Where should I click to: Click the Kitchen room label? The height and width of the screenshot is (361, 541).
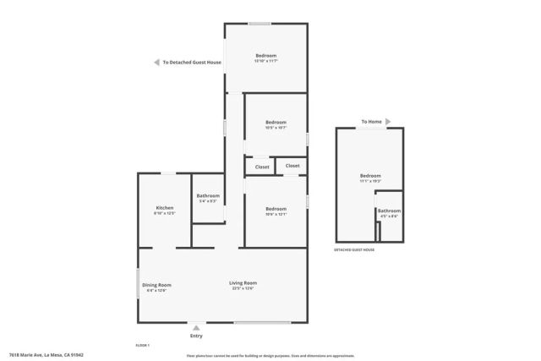(x=164, y=208)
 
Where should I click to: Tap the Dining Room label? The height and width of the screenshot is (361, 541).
(x=156, y=284)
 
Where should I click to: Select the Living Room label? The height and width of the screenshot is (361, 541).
(x=243, y=282)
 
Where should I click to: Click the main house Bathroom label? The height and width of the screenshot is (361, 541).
(x=208, y=196)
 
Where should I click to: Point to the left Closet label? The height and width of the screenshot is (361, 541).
(x=262, y=167)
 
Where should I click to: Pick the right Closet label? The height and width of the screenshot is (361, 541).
(x=292, y=166)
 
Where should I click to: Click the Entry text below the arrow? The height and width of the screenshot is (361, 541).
(x=197, y=336)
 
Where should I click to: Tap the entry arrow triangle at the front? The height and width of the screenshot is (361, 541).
(x=197, y=327)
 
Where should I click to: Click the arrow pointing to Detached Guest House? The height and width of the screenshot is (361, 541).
(x=156, y=62)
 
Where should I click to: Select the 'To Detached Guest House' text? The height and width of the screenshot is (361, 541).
(x=192, y=62)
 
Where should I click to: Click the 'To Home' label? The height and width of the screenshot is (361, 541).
(x=371, y=122)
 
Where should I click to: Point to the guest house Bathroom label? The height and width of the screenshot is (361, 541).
(x=389, y=211)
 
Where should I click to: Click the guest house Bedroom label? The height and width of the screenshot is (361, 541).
(x=370, y=176)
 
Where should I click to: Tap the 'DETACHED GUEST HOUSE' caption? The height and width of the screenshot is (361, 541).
(x=355, y=249)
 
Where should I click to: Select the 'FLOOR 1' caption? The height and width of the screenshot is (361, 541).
(x=143, y=345)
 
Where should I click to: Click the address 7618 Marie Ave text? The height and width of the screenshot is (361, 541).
(x=46, y=355)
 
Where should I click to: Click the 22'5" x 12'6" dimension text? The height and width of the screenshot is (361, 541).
(x=243, y=289)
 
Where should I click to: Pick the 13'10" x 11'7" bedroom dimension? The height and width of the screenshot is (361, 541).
(x=266, y=61)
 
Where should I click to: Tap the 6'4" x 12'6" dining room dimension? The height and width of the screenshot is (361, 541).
(x=156, y=291)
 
